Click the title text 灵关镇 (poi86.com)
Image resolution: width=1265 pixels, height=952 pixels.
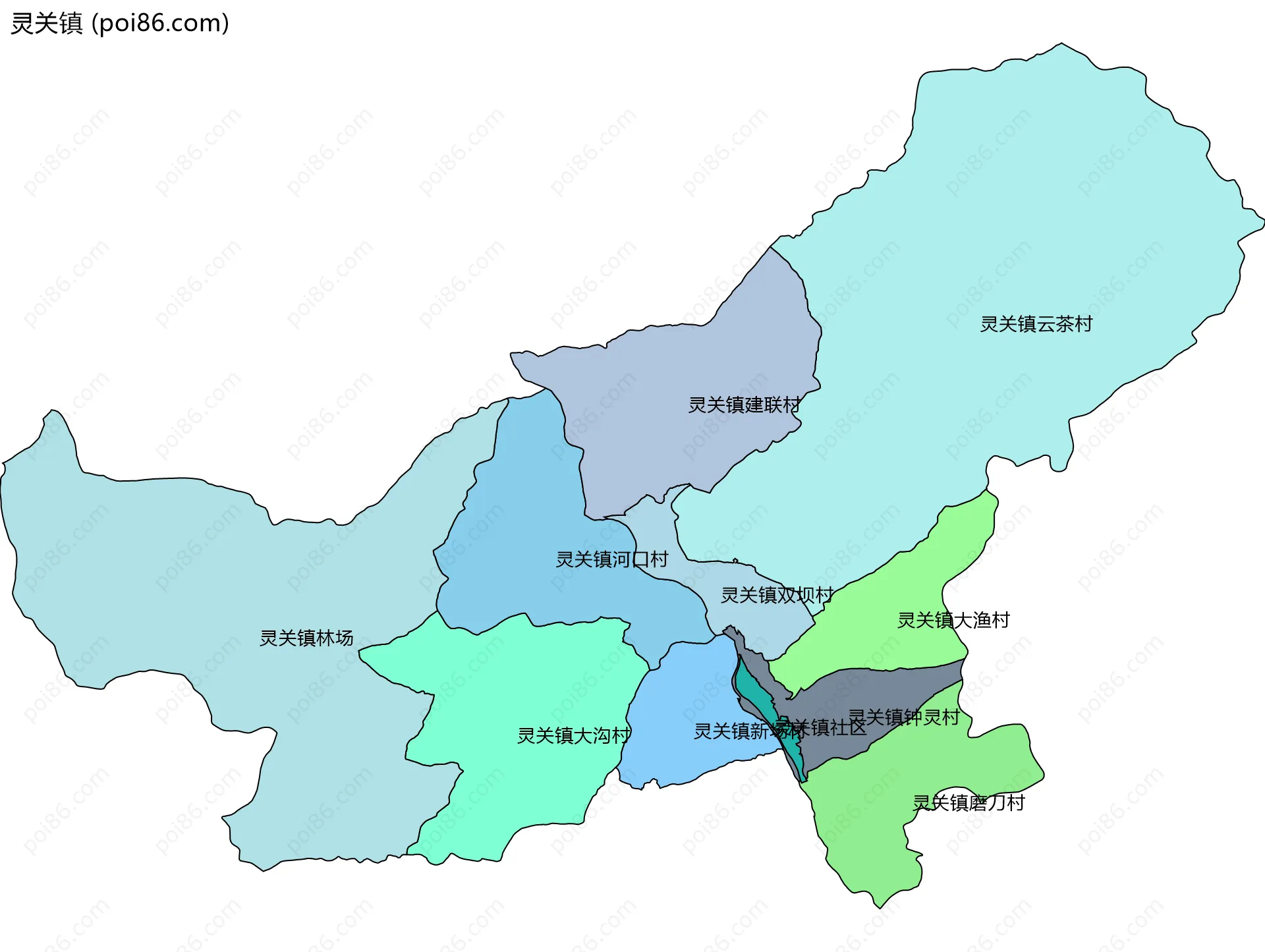click(120, 23)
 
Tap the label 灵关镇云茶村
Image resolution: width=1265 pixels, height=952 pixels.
click(1036, 324)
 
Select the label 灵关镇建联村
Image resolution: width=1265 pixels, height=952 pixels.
click(745, 405)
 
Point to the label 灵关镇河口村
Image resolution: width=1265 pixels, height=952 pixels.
click(611, 559)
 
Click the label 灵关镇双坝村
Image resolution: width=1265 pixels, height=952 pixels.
click(777, 595)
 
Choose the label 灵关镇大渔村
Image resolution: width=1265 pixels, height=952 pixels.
click(953, 620)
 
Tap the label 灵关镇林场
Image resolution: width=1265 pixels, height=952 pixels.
click(306, 638)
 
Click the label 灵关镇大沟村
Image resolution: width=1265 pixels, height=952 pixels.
click(574, 735)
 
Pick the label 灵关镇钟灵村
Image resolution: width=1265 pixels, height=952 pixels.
click(903, 717)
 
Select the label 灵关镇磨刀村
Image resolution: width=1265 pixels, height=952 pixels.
click(969, 802)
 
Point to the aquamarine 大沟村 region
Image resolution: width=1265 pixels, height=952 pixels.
click(527, 692)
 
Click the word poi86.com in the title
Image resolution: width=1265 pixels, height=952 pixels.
click(160, 23)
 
